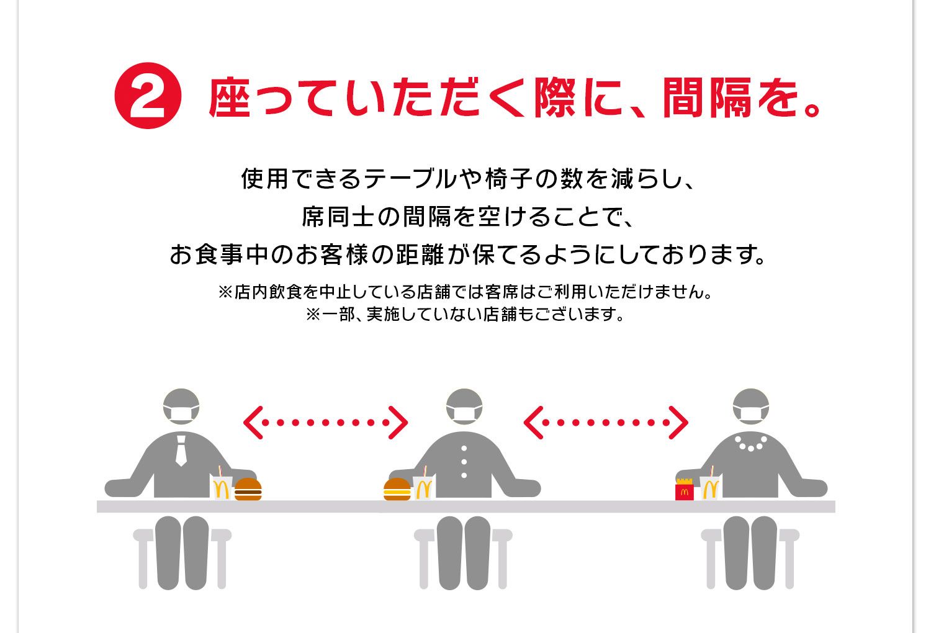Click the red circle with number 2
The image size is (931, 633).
tap(148, 96)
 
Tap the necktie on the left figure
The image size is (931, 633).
tap(181, 451)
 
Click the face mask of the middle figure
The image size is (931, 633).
tap(464, 414)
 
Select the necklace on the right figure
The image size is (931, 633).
tap(750, 443)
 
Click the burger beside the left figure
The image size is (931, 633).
tap(248, 489)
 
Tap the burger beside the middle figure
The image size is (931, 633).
tap(397, 489)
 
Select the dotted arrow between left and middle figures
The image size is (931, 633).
tap(325, 423)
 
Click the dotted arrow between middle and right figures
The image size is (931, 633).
tap(606, 423)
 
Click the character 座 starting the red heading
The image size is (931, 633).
tap(230, 97)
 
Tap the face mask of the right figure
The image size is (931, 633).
tap(750, 414)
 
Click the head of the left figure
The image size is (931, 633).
tap(181, 406)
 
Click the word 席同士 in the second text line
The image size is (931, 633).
tap(338, 217)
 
